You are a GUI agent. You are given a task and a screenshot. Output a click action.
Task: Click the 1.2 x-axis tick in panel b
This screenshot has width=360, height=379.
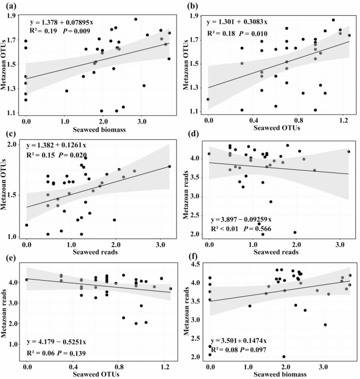343,120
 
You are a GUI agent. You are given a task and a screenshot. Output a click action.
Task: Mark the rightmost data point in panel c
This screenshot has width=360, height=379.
169,167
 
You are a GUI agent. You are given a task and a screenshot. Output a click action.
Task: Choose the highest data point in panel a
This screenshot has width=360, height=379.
136,19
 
